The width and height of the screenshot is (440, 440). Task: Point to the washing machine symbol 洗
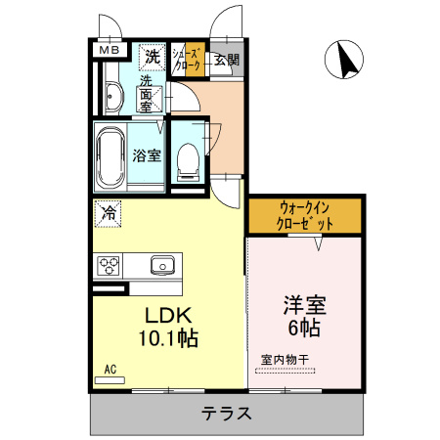(152, 57)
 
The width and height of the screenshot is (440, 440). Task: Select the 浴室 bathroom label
(147, 154)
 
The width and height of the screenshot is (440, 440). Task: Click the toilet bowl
(187, 160)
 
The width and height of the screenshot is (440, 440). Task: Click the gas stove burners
(108, 265)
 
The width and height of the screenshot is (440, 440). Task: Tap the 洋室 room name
(304, 304)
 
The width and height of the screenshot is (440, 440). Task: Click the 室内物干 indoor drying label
(285, 359)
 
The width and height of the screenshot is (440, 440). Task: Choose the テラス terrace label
(227, 413)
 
